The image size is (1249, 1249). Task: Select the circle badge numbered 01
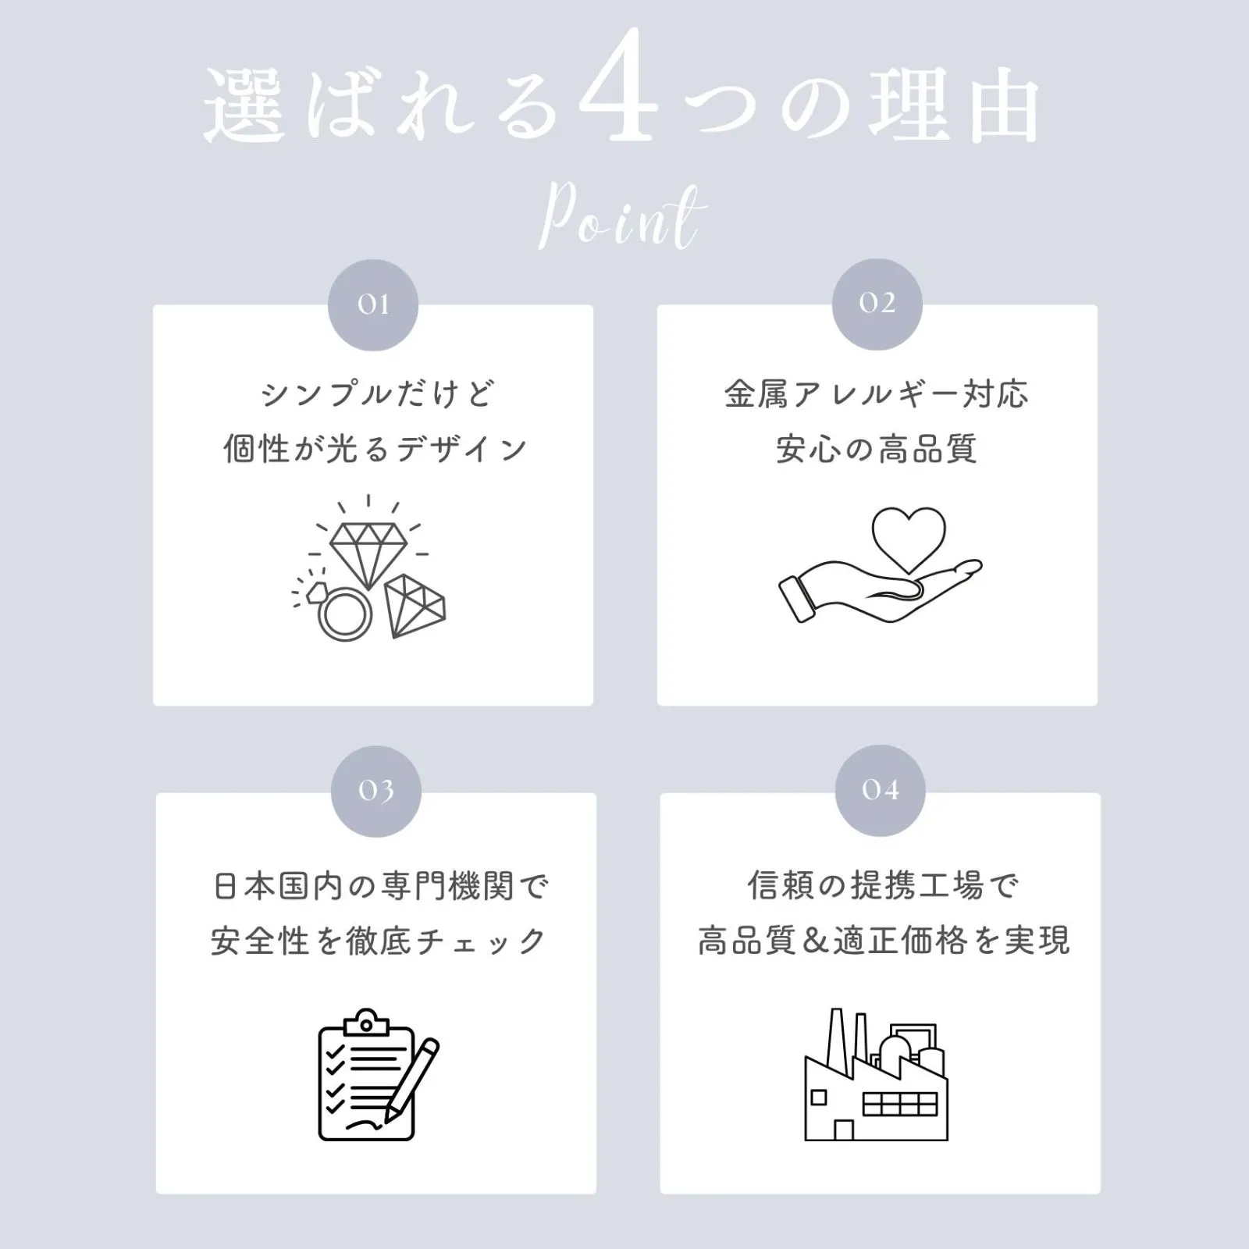click(373, 304)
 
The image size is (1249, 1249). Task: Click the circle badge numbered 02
click(877, 304)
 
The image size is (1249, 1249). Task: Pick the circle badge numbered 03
click(376, 791)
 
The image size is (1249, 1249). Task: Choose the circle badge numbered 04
click(880, 790)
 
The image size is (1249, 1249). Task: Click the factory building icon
click(877, 1074)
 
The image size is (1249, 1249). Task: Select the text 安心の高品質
click(877, 450)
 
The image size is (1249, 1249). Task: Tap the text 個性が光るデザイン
click(375, 450)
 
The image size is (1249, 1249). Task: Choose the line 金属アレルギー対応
click(877, 394)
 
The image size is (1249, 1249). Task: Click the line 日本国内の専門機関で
click(381, 887)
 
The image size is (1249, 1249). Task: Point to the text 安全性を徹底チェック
click(378, 941)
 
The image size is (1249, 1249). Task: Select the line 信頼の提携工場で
click(883, 886)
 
